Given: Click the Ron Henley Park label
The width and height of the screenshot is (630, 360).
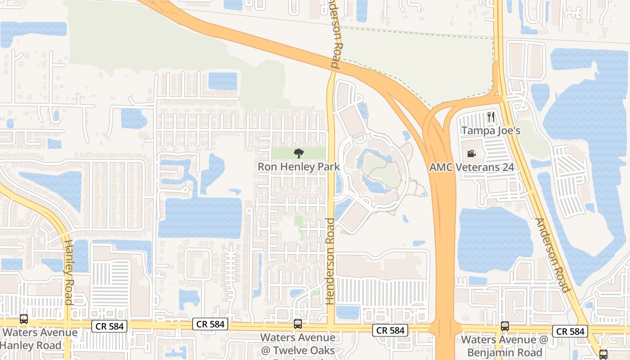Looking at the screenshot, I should [298, 166].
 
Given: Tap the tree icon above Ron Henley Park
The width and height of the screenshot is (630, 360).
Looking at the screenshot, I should [298, 154].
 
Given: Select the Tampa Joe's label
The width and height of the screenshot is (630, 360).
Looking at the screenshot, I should [490, 131].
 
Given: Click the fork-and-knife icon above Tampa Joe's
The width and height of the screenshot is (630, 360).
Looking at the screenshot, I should [490, 117].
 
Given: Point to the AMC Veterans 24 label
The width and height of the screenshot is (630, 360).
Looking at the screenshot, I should [472, 167].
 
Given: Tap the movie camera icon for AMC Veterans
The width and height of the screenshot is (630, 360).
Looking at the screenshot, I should [471, 154].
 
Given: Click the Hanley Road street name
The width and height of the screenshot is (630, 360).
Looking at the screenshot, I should [68, 272].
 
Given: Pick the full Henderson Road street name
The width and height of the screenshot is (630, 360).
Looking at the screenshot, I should [331, 261].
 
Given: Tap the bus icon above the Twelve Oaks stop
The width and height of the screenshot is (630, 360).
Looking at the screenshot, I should [297, 324].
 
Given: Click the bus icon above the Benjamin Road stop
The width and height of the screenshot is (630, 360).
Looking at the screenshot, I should [504, 326].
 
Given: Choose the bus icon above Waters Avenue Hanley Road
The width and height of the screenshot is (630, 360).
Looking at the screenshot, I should [24, 319].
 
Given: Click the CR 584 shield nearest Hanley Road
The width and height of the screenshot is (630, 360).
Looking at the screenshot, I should [109, 326].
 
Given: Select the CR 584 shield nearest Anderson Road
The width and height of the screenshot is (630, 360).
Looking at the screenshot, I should [570, 331].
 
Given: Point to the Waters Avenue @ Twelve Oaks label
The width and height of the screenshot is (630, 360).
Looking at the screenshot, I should [297, 344].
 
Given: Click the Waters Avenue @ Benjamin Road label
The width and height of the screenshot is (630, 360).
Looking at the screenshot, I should [504, 346].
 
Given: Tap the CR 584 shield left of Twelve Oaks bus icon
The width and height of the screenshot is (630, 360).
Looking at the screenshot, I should [210, 324].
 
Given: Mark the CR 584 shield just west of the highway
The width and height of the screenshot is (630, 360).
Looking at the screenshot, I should [390, 330].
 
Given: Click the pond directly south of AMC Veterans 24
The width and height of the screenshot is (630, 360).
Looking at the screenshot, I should [495, 238].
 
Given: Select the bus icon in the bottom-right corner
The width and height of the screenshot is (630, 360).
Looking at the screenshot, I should [603, 354].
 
